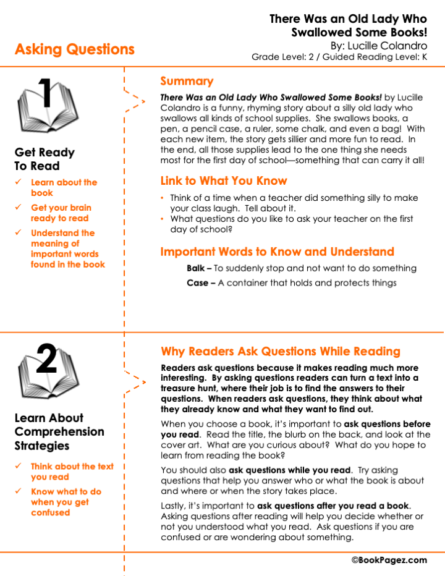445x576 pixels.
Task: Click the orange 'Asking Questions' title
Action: click(74, 49)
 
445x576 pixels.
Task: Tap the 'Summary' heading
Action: click(187, 82)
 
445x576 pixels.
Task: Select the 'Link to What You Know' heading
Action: click(224, 181)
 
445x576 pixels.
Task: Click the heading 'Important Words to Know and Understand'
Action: click(277, 252)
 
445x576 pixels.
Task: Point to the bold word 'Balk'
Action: click(196, 268)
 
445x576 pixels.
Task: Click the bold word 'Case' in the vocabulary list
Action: click(197, 283)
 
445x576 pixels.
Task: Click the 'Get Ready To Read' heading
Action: click(44, 159)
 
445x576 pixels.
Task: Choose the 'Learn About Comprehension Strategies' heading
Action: click(59, 431)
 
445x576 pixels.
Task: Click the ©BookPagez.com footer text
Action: click(389, 560)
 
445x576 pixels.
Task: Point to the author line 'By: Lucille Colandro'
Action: click(378, 45)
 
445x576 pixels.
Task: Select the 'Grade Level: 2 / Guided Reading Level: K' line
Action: click(339, 57)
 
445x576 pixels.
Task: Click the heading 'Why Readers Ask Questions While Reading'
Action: click(281, 352)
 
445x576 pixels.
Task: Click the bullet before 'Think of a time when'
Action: click(163, 198)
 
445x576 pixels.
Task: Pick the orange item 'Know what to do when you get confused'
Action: click(66, 502)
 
